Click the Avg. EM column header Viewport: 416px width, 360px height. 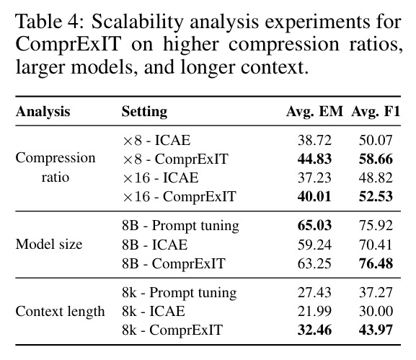314,112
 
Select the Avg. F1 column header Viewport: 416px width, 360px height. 376,112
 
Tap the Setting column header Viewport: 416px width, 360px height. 144,112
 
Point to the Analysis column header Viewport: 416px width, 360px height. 43,112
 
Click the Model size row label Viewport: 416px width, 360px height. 49,245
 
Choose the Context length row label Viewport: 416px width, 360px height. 61,312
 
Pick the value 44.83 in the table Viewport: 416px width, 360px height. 314,159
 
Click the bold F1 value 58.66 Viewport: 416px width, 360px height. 376,159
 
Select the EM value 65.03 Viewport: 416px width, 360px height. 314,225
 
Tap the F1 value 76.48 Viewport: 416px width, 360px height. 376,263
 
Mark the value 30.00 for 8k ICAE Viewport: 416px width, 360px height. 376,311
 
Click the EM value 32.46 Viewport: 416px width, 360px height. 314,330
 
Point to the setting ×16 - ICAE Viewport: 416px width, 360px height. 161,178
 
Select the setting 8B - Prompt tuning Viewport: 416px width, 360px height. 180,227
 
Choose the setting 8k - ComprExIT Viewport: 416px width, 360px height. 172,330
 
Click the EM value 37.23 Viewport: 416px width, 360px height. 314,178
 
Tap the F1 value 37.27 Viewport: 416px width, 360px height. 376,292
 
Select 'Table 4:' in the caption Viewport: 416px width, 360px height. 50,21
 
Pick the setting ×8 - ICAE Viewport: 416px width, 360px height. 156,140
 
